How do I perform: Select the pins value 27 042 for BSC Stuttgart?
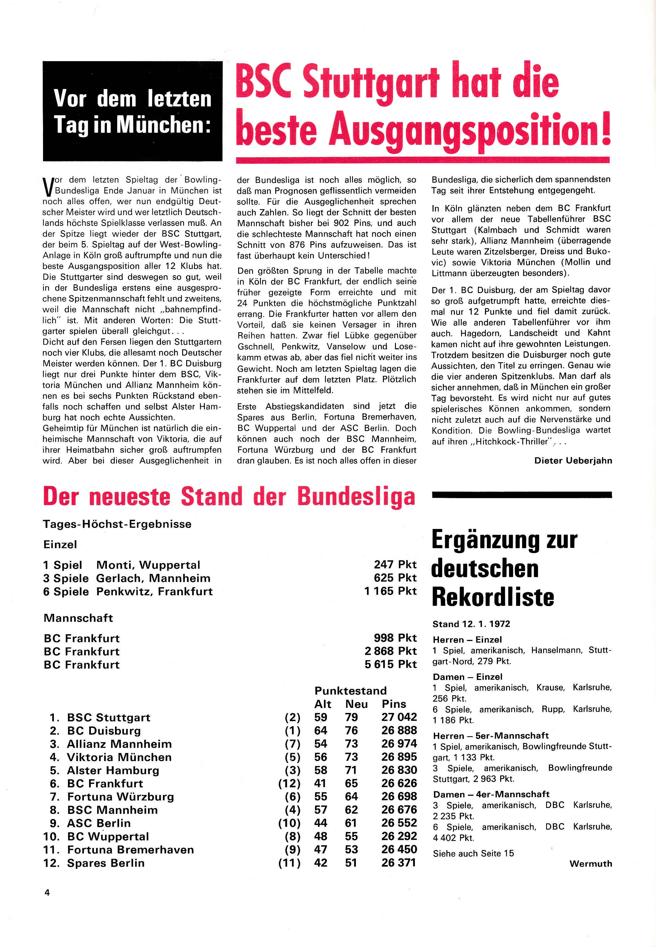(x=399, y=717)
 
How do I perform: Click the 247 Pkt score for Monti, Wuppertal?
(x=395, y=564)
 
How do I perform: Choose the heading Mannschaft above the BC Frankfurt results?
(x=78, y=618)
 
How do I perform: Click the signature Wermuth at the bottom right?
(x=591, y=864)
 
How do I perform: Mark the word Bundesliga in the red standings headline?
(x=356, y=497)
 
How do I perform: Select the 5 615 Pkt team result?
(x=391, y=664)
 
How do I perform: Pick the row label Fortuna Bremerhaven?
(x=130, y=850)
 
